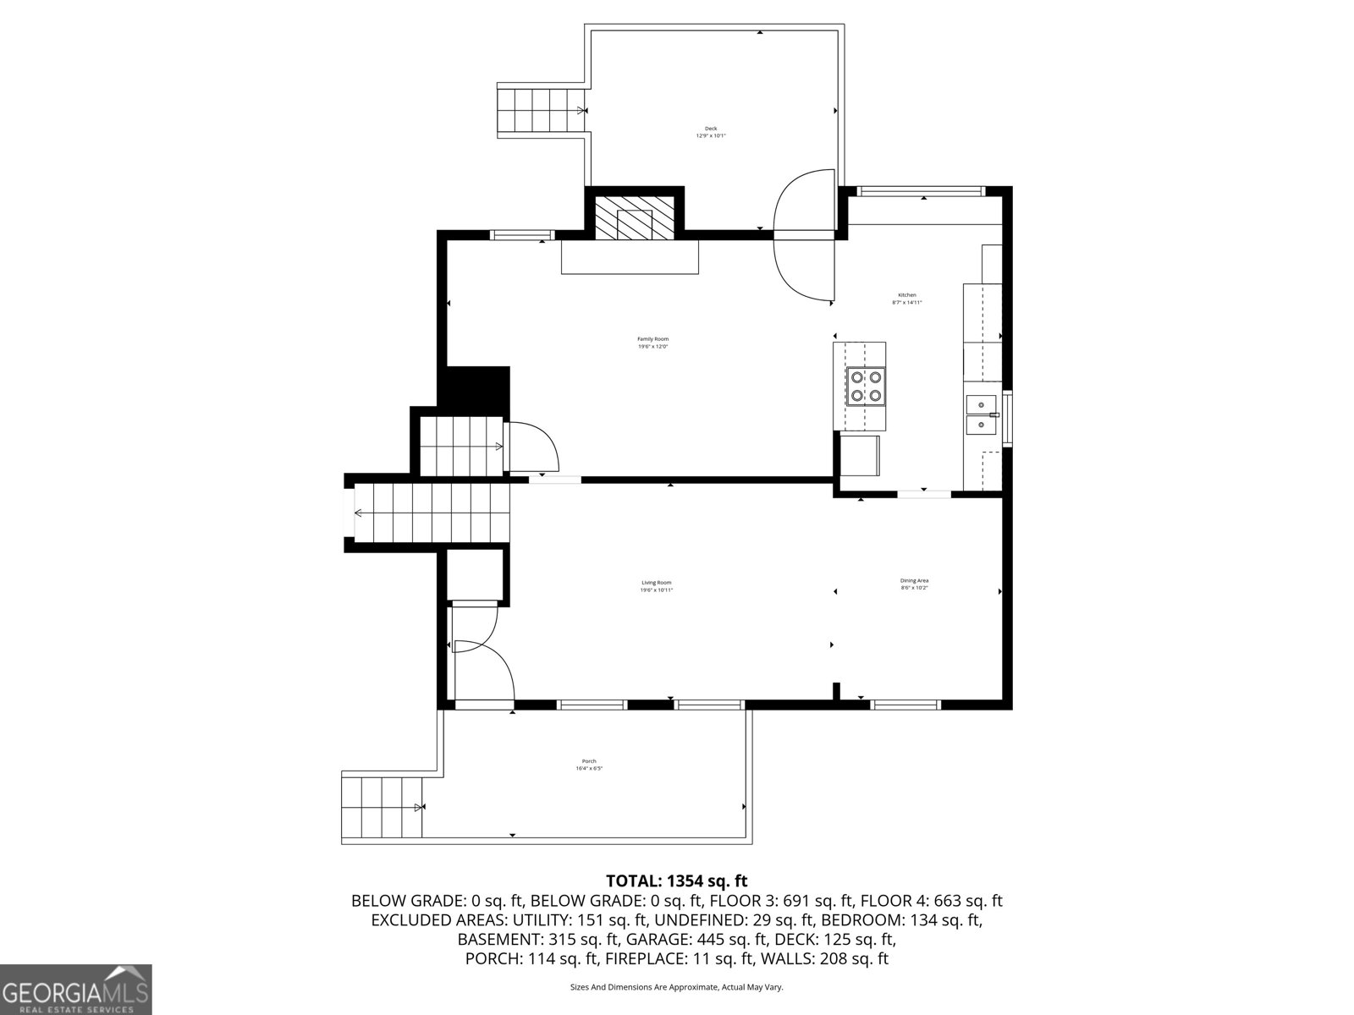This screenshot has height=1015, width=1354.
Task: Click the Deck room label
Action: [x=711, y=132]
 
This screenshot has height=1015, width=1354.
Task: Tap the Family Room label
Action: [x=652, y=343]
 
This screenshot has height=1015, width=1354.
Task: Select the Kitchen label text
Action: [x=906, y=299]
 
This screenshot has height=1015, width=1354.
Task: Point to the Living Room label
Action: [x=656, y=585]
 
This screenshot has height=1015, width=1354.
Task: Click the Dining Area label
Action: [x=914, y=584]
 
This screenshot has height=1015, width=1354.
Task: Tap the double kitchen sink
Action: [x=982, y=414]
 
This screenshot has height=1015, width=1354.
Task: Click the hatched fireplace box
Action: [x=634, y=218]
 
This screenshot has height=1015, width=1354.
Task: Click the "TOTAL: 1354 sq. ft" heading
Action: [x=676, y=881]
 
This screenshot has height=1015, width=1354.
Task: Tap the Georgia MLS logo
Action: [x=75, y=989]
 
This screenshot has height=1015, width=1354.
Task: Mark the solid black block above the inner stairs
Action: [x=476, y=387]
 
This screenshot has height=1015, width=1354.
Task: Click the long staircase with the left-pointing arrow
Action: [x=432, y=513]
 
